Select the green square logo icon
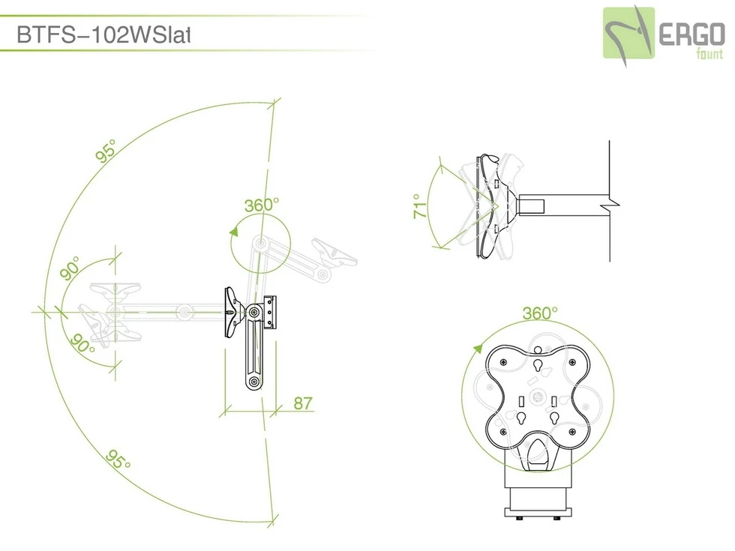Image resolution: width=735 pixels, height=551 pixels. pos(629,32)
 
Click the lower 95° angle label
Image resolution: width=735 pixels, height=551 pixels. pos(118,458)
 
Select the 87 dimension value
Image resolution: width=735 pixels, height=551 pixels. pos(302,403)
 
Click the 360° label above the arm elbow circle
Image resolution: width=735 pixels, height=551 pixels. pos(261,204)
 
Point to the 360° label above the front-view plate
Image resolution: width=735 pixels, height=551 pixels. pos(540,312)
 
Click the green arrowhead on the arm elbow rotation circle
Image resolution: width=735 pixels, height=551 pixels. pos(235,234)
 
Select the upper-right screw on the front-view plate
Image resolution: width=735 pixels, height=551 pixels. pos(572,363)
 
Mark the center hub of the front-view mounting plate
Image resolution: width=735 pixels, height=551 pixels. pos(536,397)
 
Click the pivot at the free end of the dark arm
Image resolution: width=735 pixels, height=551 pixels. pos(256,382)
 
